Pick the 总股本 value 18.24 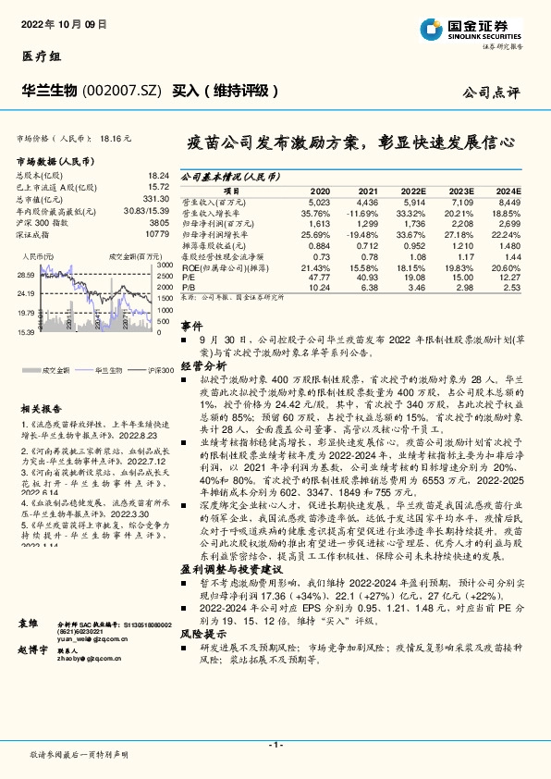[x=158, y=175]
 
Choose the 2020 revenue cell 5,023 [x=318, y=201]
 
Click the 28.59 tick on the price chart [x=25, y=276]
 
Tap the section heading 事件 [x=190, y=327]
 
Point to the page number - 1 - [x=275, y=745]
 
